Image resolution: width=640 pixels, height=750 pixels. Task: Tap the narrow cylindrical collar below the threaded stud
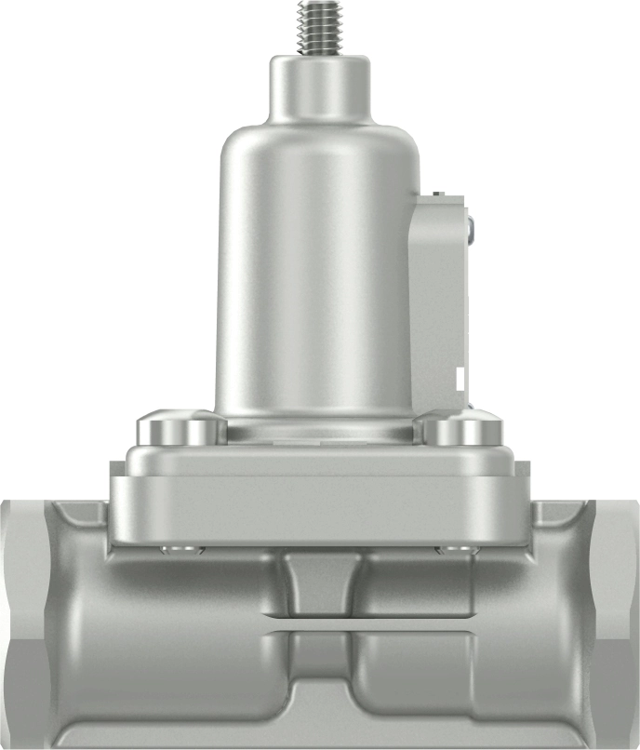coord(320,88)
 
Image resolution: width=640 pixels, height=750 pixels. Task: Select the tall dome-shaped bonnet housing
coord(316,279)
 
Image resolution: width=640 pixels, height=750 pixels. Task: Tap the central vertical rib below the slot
coord(321,665)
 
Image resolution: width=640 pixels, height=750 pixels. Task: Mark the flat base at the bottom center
coord(321,730)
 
